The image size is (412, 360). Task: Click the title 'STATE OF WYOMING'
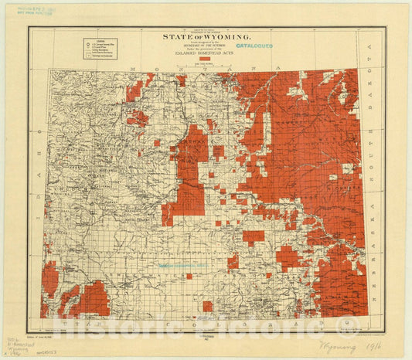206,36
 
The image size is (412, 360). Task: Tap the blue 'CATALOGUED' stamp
253,46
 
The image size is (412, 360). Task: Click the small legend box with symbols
100,49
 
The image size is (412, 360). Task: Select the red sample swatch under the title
205,59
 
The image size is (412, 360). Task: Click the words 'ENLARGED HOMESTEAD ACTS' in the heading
206,53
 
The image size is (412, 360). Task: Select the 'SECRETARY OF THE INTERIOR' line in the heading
206,44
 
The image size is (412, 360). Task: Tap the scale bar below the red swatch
205,65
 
